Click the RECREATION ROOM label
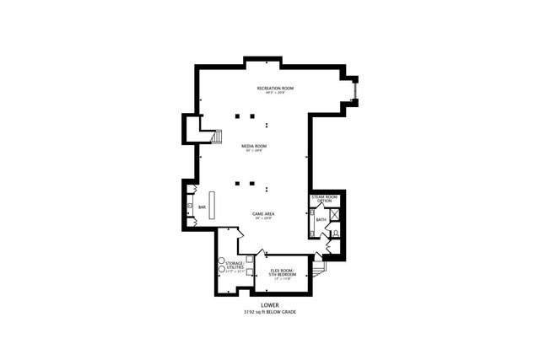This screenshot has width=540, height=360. [275, 88]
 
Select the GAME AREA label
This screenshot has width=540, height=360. [262, 213]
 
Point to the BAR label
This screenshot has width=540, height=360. [202, 207]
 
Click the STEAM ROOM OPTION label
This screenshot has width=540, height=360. [324, 199]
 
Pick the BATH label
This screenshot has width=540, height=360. [321, 220]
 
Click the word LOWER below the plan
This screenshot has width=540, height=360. [270, 304]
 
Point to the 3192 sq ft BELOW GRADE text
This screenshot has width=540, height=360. [270, 312]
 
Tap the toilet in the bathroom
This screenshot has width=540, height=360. [335, 232]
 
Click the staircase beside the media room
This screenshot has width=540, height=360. [218, 137]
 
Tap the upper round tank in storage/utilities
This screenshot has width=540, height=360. [220, 260]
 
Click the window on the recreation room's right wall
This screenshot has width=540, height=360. [355, 89]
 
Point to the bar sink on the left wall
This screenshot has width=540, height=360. [191, 206]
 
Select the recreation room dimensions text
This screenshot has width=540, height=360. [275, 93]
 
